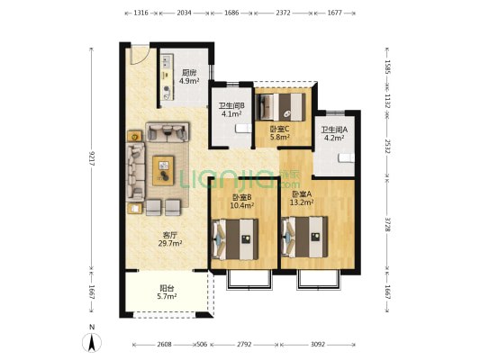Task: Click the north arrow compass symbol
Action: (x=92, y=343)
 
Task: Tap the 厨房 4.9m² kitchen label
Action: (x=189, y=77)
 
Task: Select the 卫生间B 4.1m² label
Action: (x=231, y=110)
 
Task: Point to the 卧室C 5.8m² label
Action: (x=280, y=133)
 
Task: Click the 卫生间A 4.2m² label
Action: (x=334, y=134)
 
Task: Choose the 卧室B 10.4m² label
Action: (x=242, y=202)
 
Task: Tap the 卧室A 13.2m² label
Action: (x=302, y=198)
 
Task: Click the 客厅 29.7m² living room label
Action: (x=170, y=239)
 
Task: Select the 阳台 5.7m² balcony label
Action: (x=167, y=292)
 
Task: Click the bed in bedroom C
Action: (x=280, y=107)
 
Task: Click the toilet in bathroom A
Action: (x=346, y=158)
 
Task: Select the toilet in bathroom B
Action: (x=243, y=129)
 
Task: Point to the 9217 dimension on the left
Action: (x=91, y=159)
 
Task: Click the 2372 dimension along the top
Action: (x=283, y=13)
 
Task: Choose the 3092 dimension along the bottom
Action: (x=318, y=345)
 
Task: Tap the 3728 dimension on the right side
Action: (x=387, y=224)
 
